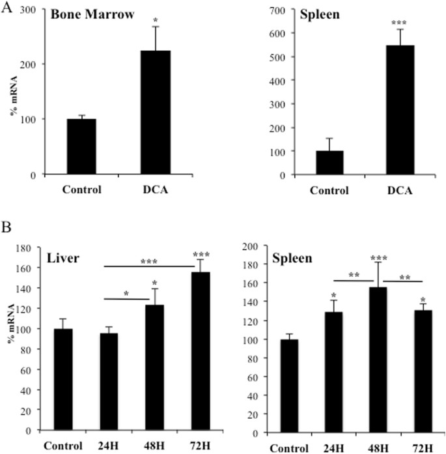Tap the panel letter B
click(x=6, y=230)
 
